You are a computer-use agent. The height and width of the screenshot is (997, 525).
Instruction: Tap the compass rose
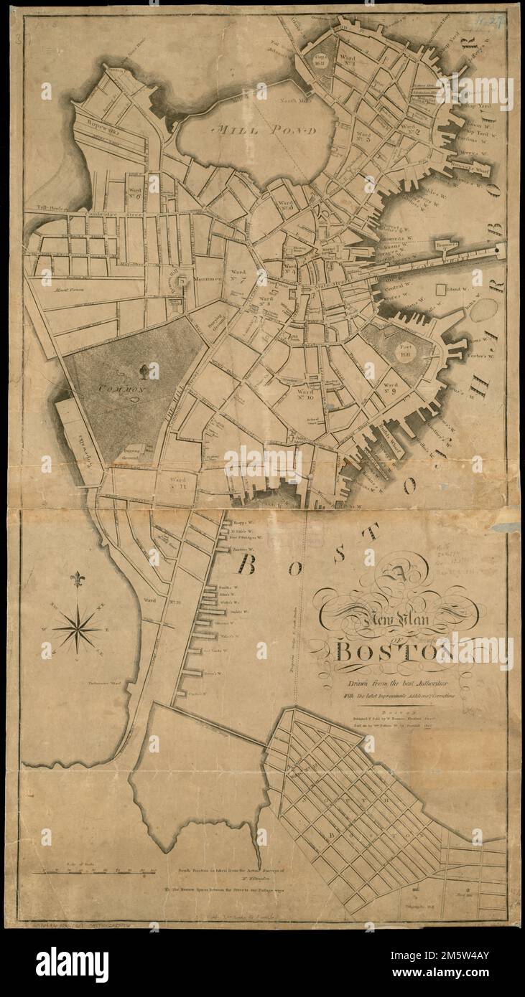(77, 628)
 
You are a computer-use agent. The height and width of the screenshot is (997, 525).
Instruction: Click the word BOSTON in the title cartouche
(391, 652)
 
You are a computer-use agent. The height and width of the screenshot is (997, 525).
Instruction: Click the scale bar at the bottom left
(93, 871)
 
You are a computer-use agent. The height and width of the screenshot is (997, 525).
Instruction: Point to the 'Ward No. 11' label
(178, 483)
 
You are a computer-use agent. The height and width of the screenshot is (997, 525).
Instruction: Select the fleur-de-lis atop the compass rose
(77, 579)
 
